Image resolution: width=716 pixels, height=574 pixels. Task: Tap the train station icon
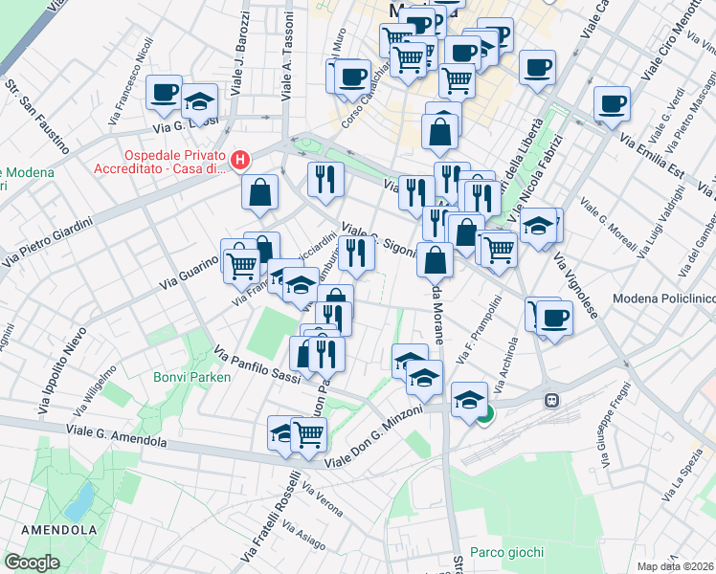pyautogui.click(x=551, y=400)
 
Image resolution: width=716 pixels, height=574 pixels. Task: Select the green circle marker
pyautogui.click(x=485, y=414)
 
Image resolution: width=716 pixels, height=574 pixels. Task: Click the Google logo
pyautogui.click(x=32, y=562)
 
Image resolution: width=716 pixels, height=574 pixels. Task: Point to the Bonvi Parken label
pyautogui.click(x=192, y=377)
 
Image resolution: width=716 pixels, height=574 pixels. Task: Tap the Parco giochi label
pyautogui.click(x=507, y=552)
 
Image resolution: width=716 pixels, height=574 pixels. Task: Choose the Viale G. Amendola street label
pyautogui.click(x=117, y=437)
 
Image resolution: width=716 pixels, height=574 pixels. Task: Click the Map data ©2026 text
pyautogui.click(x=676, y=566)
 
